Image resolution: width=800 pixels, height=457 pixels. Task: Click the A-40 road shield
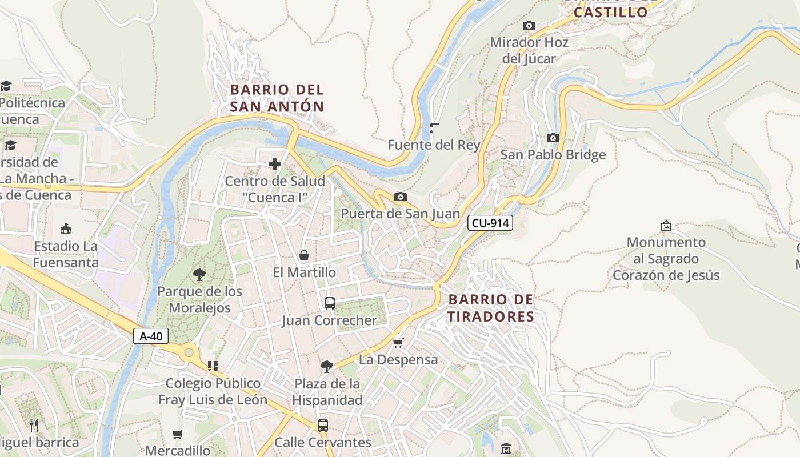[151, 336]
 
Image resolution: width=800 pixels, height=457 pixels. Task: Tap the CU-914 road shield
[490, 223]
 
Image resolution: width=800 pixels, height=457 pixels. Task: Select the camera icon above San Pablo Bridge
[553, 138]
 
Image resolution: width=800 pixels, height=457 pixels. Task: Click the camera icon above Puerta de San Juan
[401, 197]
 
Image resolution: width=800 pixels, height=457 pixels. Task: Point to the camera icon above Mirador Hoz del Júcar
[529, 25]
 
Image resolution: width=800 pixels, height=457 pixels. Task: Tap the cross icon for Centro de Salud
[275, 165]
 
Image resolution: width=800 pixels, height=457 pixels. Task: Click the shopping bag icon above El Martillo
[304, 255]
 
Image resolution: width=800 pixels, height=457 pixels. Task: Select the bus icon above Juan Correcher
[329, 303]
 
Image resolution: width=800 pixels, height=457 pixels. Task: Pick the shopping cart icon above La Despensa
[398, 343]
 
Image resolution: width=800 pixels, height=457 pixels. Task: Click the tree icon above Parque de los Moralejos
[199, 275]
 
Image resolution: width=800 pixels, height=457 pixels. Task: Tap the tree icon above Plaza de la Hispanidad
[327, 366]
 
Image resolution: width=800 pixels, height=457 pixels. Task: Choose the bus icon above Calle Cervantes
[323, 426]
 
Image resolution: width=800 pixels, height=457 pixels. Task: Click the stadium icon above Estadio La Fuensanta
[66, 229]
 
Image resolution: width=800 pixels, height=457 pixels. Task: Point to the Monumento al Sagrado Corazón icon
[666, 226]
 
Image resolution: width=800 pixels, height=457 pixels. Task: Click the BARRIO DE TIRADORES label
[490, 308]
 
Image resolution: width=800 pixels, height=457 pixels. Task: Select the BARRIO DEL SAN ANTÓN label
[277, 98]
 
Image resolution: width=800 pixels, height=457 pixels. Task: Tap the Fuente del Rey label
[434, 145]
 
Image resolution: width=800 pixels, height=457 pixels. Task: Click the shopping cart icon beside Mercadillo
[178, 434]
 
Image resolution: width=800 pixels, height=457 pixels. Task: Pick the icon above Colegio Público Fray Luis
[213, 366]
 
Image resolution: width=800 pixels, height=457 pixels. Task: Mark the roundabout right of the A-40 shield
[189, 353]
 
